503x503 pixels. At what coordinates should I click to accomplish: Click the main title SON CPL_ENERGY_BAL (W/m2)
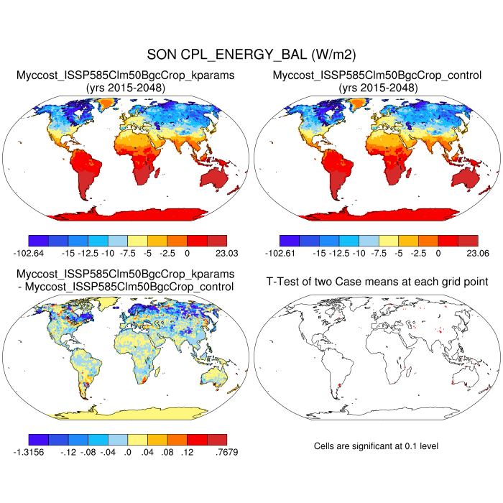(x=251, y=54)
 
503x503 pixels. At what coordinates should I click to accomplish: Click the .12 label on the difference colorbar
(x=188, y=452)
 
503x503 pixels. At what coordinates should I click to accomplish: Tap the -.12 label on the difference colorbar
(x=68, y=452)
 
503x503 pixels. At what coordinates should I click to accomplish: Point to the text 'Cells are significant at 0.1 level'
(x=376, y=446)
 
